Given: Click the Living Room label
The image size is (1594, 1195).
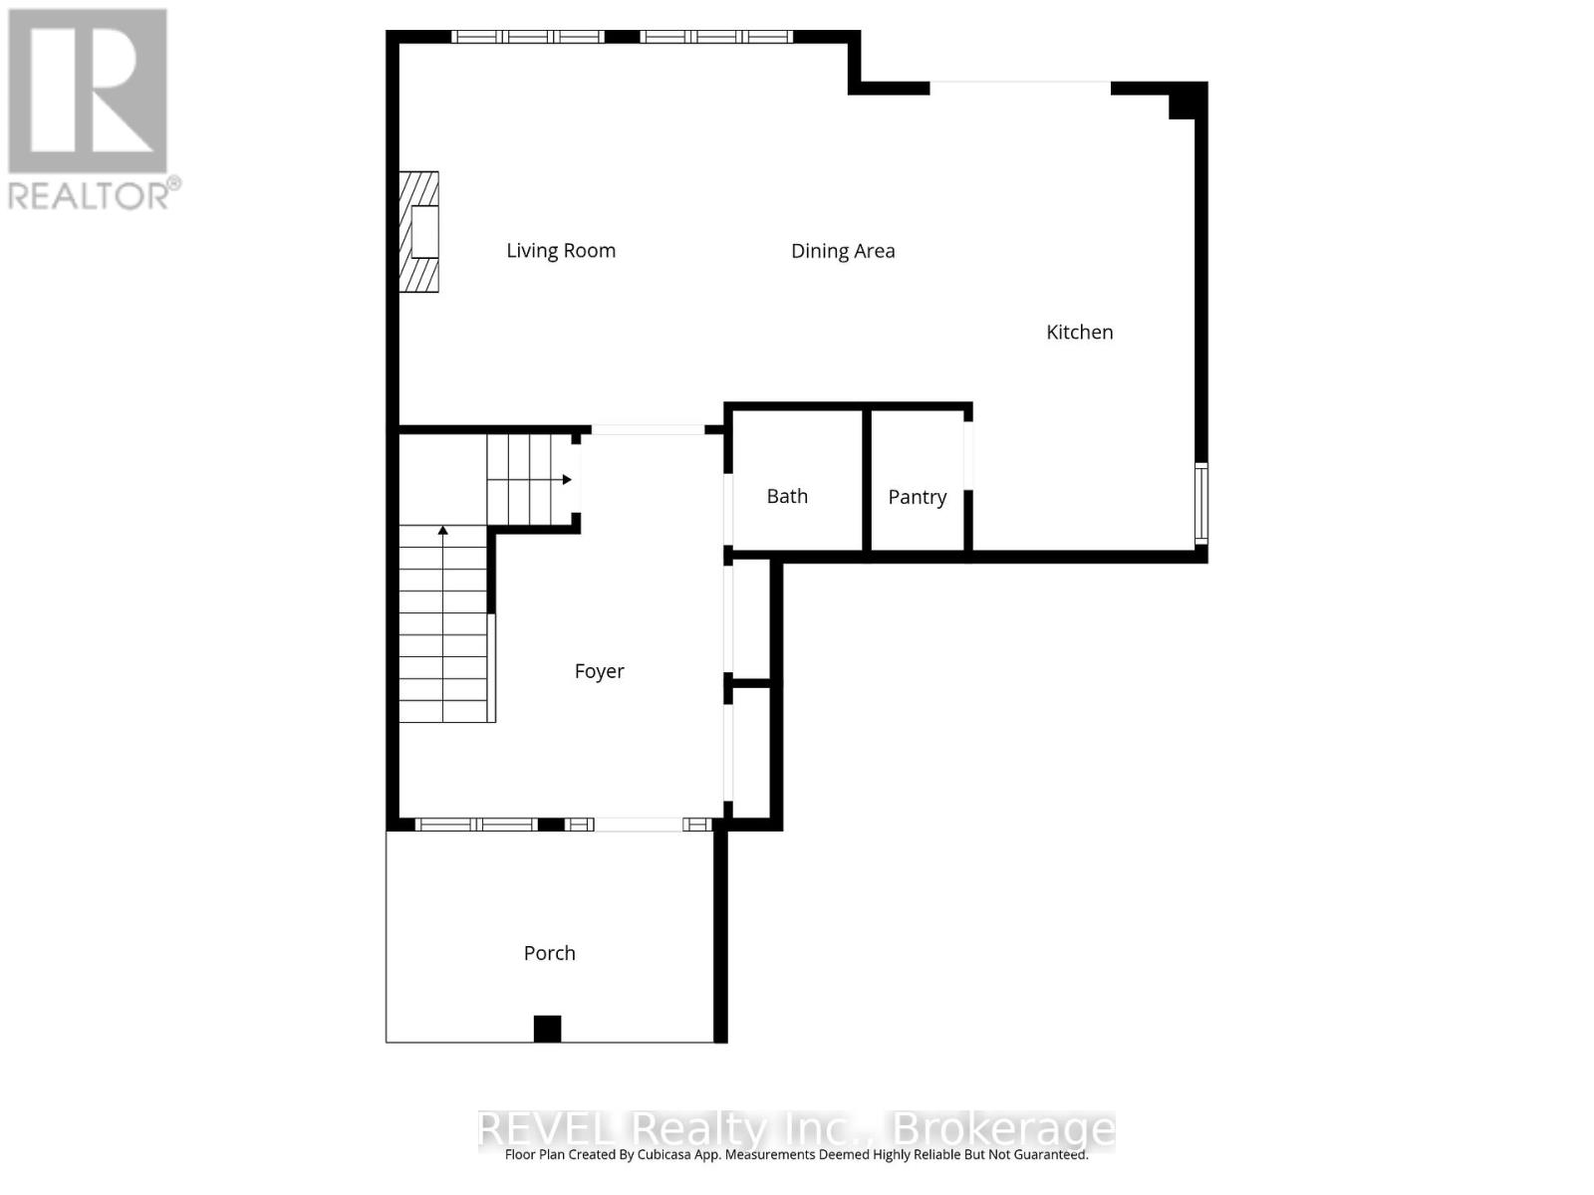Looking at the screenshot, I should coord(561,251).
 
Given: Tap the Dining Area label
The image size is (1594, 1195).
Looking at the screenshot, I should coord(843,251).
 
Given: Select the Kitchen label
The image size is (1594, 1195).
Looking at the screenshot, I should coord(1079,333).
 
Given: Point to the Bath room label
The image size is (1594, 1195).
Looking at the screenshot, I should coord(787,496).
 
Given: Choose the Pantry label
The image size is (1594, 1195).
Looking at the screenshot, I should coord(917,497).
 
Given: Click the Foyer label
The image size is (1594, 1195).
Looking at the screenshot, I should coord(599,671).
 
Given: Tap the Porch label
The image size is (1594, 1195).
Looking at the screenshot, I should coord(549,953).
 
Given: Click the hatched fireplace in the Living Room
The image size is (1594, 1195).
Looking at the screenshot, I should coord(418,232).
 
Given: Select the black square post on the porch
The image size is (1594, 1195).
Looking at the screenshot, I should coord(547,1029).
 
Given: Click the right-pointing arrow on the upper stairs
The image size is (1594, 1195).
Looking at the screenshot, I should coord(565,479).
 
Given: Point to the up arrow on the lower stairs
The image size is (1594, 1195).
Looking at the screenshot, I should coord(442,531).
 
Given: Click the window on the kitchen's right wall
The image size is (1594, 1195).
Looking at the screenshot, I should coord(1201,503).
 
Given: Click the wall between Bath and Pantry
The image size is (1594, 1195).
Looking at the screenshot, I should coord(867,480).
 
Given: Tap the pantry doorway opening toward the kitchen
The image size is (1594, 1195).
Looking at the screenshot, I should coord(968,455).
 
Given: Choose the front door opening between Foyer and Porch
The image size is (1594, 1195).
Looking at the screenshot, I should coord(638,825).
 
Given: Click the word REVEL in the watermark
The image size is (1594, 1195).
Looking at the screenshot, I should coord(548,1130).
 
